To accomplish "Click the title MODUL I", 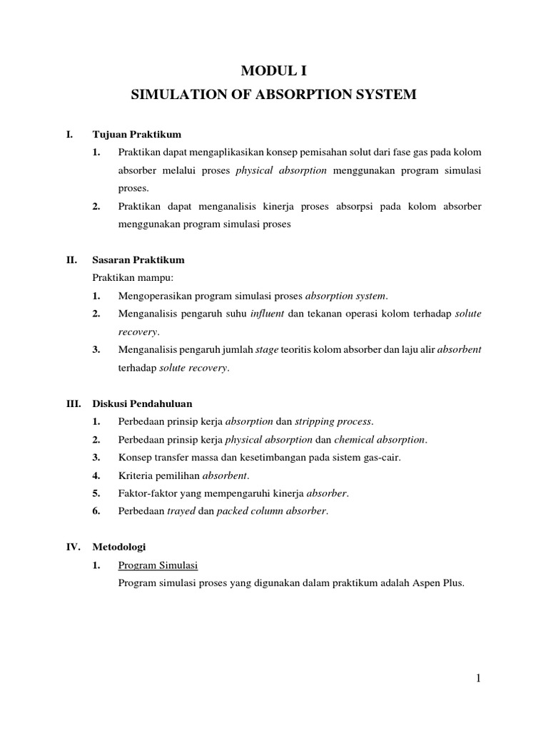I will [x=273, y=70].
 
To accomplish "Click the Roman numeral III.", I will [x=73, y=403].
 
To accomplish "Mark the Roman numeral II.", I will [x=71, y=259].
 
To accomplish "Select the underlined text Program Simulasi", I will [x=158, y=565].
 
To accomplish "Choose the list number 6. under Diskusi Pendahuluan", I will [x=96, y=510].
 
